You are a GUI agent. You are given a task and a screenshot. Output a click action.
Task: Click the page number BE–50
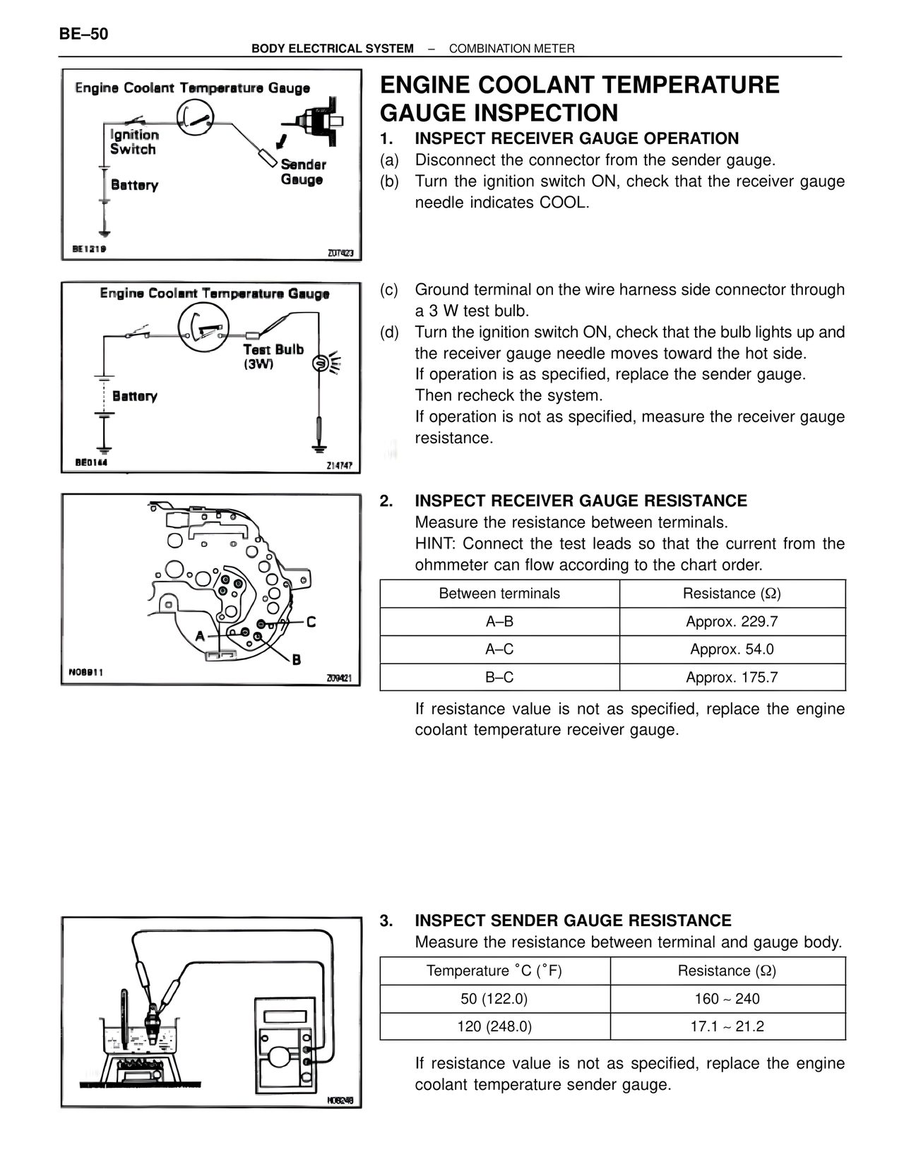84,34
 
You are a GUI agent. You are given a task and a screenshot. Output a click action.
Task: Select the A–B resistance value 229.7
732,622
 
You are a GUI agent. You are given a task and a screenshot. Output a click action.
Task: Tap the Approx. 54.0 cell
732,649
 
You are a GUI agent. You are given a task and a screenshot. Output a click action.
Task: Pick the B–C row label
499,678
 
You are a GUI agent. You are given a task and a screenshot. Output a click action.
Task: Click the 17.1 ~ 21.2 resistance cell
727,1026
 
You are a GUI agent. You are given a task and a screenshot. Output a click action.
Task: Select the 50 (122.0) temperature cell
494,999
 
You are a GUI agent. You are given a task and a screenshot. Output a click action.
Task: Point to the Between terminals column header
499,594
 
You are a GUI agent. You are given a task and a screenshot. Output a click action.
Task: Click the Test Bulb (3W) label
273,356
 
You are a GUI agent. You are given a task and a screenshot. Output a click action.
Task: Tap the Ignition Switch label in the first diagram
134,142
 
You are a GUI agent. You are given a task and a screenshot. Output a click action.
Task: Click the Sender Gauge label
303,172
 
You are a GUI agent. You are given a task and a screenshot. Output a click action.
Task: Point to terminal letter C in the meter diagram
311,622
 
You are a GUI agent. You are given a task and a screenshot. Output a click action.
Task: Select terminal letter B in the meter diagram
296,659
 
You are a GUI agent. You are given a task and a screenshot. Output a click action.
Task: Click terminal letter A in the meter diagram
200,636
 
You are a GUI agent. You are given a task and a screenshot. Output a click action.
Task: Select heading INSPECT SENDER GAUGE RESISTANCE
573,921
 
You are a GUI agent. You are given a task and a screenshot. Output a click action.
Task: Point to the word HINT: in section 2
436,544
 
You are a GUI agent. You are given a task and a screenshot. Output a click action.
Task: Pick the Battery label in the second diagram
134,396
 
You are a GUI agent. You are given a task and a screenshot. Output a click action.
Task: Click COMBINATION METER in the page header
511,49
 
